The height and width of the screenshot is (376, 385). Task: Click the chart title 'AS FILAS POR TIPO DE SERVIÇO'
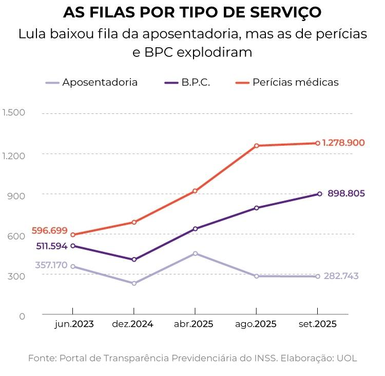192,12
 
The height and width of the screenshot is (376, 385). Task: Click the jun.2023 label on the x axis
74,324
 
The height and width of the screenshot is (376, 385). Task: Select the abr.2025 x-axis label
195,324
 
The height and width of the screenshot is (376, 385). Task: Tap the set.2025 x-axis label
318,324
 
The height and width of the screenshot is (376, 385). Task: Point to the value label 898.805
346,193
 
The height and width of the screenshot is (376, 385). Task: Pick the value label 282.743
341,276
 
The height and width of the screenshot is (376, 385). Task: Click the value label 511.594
52,246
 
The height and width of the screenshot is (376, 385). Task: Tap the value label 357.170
51,265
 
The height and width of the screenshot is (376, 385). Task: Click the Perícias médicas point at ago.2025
256,146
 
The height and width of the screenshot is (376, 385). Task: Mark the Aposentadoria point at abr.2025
195,253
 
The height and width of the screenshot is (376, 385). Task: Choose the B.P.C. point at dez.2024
134,260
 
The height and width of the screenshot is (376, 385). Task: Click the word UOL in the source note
346,358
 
